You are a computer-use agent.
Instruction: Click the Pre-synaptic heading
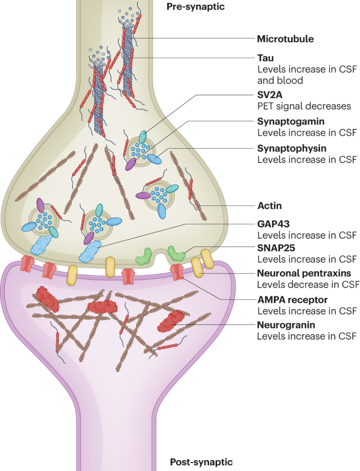pos(195,7)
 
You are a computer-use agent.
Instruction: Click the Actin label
pos(269,206)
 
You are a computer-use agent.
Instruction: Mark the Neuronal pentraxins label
pos(304,273)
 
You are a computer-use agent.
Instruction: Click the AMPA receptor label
pos(292,300)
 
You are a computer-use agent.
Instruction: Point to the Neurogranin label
pos(286,325)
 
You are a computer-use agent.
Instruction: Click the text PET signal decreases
pos(304,106)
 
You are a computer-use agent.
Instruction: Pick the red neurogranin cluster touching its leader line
pos(170,320)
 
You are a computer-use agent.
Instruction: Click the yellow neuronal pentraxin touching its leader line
pos(197,268)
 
